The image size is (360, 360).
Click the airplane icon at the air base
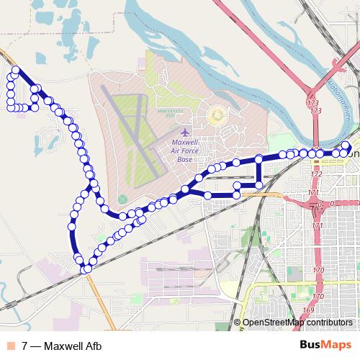[186, 133]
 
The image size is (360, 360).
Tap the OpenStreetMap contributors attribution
[297, 323]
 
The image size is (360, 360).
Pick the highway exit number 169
[308, 310]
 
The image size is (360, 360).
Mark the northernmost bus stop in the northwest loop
[15, 71]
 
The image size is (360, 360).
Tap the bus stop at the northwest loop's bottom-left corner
[11, 108]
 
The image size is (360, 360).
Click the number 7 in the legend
[25, 346]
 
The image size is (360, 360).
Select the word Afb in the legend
[92, 346]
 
